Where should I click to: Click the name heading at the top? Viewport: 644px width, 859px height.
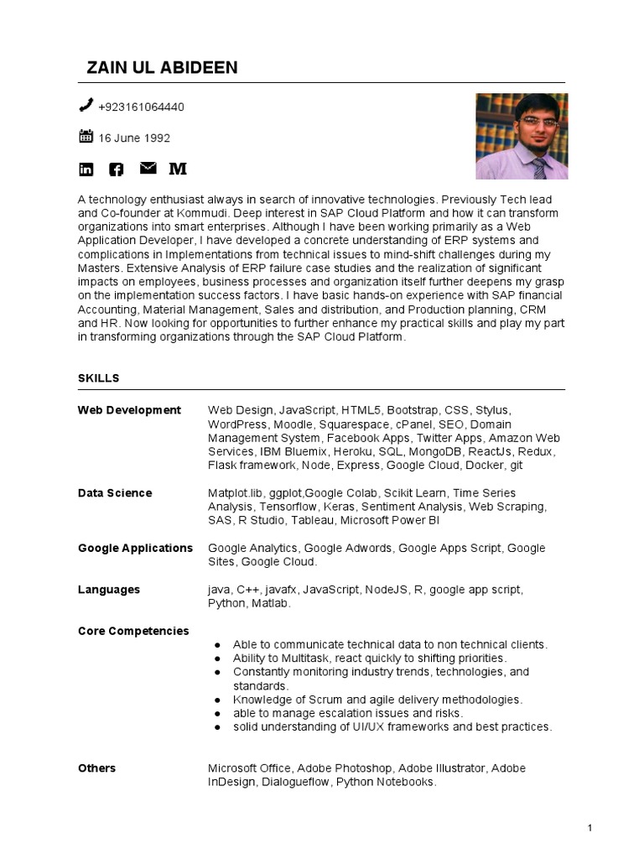(x=162, y=68)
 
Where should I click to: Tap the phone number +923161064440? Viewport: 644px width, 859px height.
(x=141, y=107)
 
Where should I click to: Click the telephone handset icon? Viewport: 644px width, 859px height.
(x=86, y=106)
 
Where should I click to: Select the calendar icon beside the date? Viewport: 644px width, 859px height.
(x=86, y=137)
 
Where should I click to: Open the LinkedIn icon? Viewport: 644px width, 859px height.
(x=86, y=169)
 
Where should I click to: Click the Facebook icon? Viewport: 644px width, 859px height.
(x=117, y=169)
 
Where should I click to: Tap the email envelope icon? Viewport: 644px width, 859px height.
(x=148, y=169)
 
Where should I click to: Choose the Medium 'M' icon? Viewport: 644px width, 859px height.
(x=178, y=169)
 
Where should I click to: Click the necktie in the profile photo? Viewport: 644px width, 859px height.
(x=539, y=167)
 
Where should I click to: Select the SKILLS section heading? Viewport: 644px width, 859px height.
(x=98, y=378)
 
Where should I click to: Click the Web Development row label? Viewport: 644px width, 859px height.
(x=129, y=410)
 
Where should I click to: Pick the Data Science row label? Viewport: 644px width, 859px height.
(x=115, y=493)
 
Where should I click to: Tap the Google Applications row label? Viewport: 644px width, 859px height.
(x=135, y=548)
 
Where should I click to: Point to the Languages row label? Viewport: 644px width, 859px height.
(x=109, y=590)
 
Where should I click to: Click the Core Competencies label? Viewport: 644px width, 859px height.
(x=133, y=631)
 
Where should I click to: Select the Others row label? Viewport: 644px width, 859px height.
(x=97, y=768)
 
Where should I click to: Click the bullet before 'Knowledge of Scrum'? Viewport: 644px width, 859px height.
(x=218, y=700)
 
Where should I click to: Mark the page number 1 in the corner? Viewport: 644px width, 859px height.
(x=590, y=829)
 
